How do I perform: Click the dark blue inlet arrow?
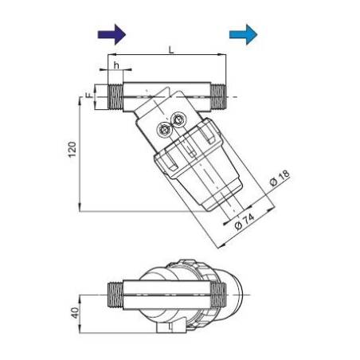112,33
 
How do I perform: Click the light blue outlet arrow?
244,33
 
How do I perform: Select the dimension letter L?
170,49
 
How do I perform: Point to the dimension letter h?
116,66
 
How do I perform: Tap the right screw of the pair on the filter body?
178,120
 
